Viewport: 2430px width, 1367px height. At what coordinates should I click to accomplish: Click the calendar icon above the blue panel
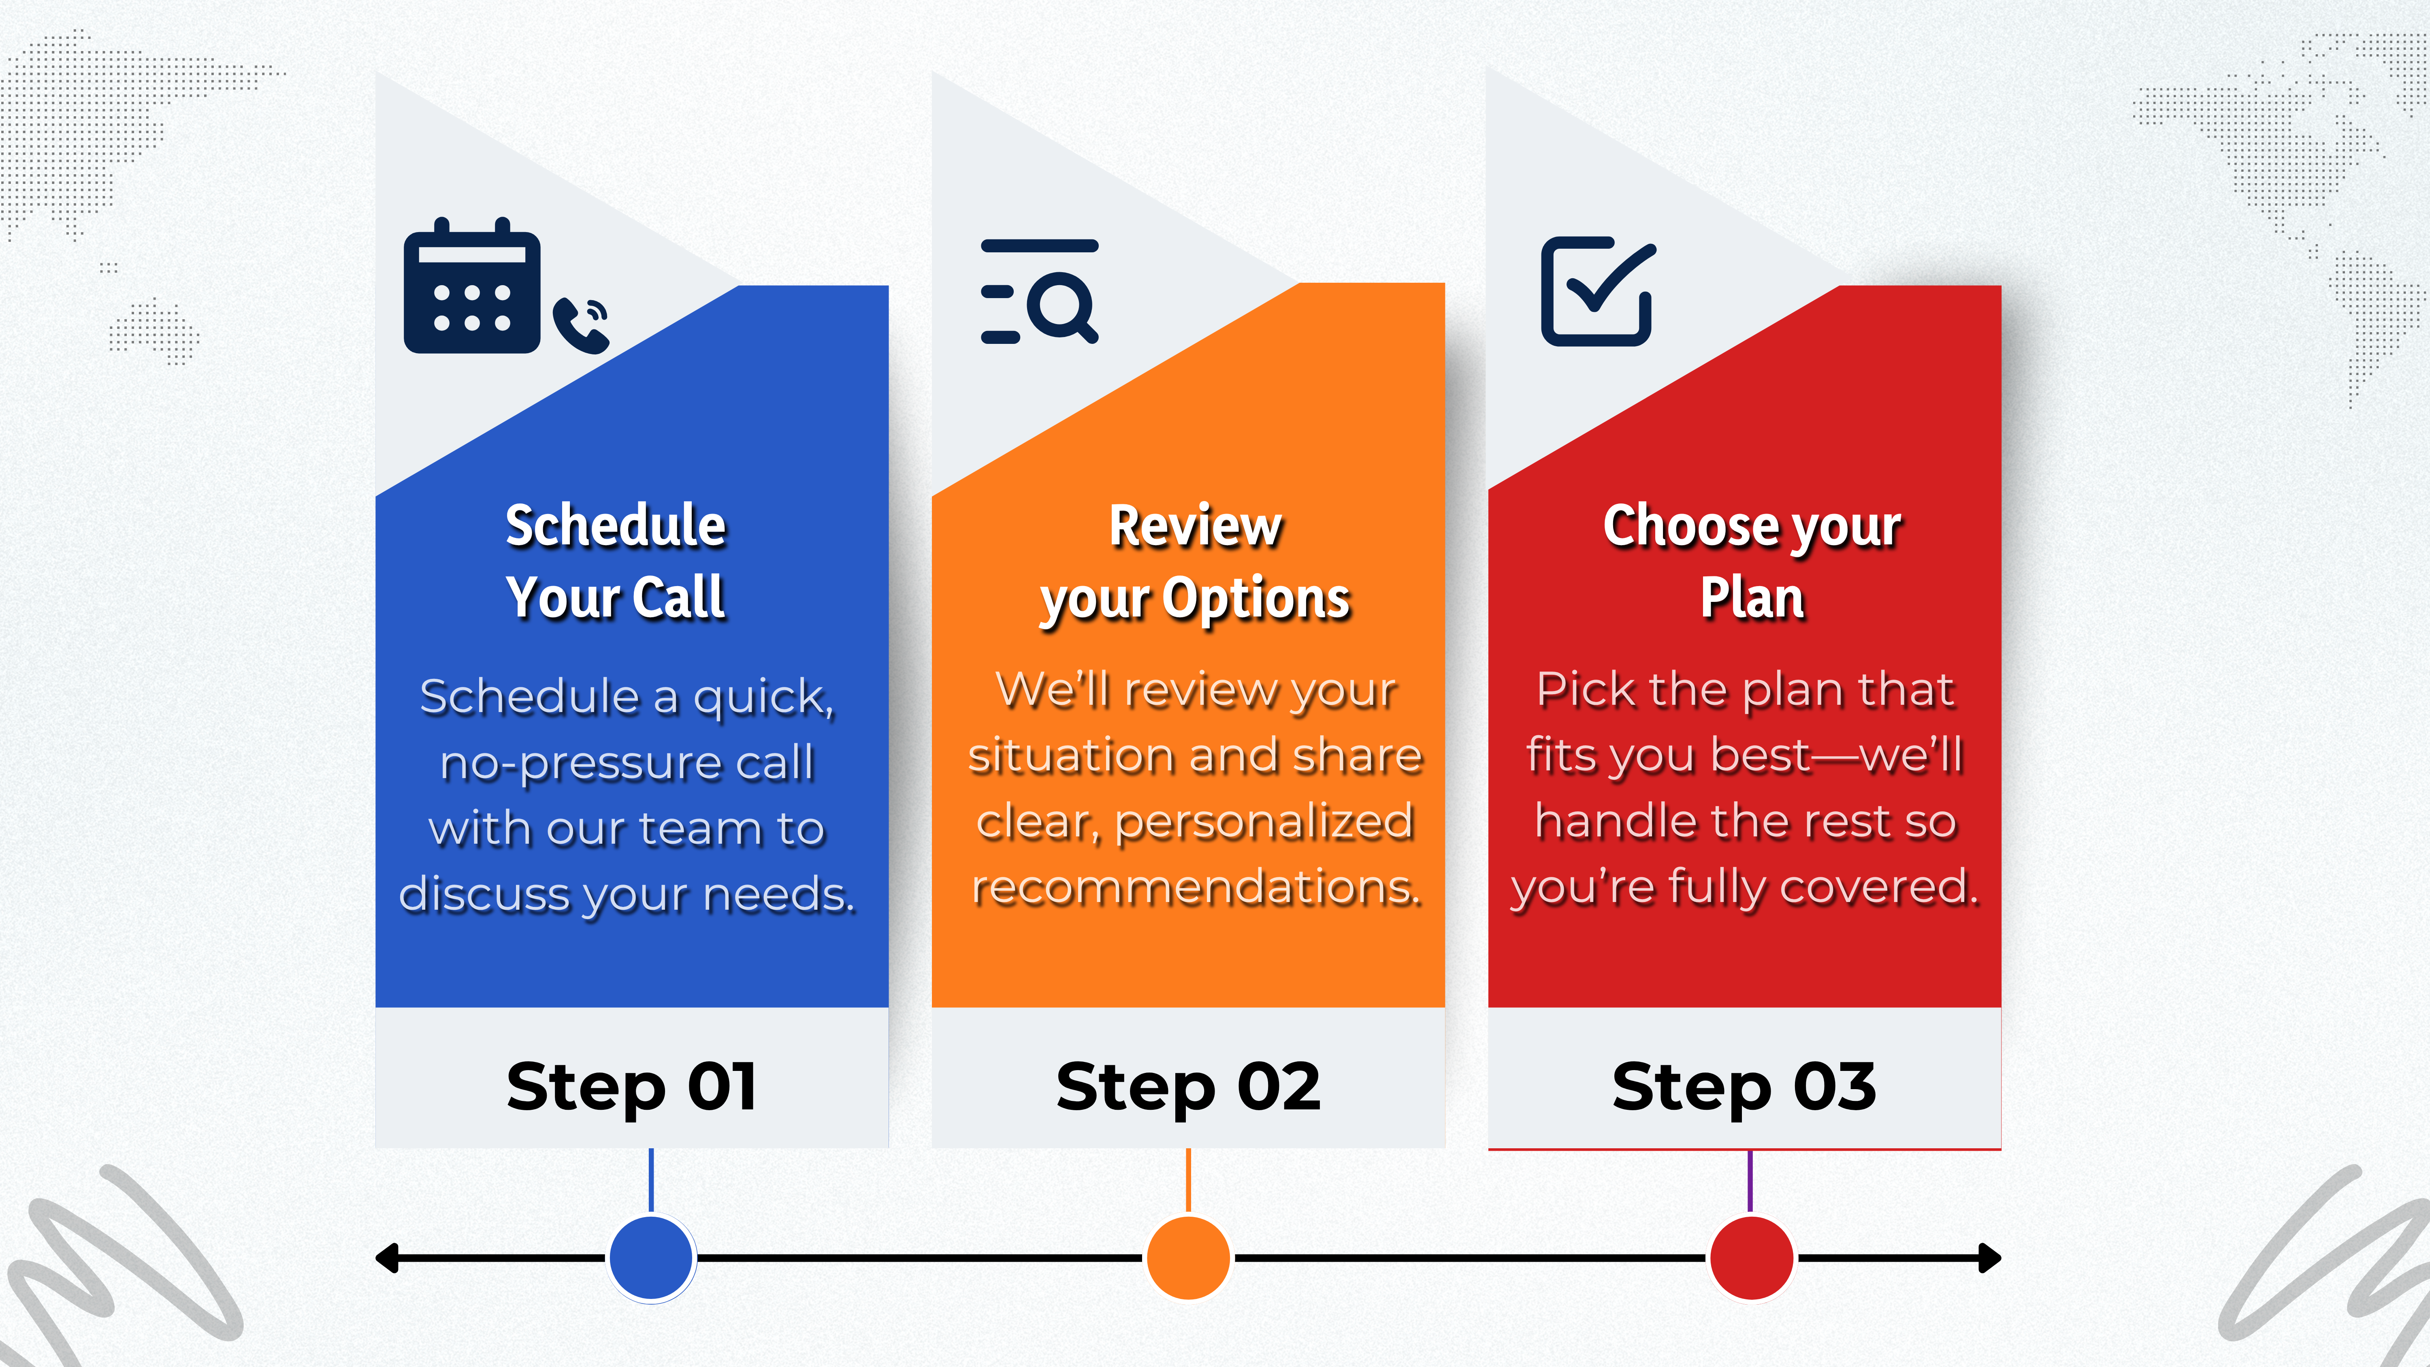(472, 286)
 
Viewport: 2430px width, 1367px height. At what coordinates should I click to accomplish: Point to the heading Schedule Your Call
(616, 561)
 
